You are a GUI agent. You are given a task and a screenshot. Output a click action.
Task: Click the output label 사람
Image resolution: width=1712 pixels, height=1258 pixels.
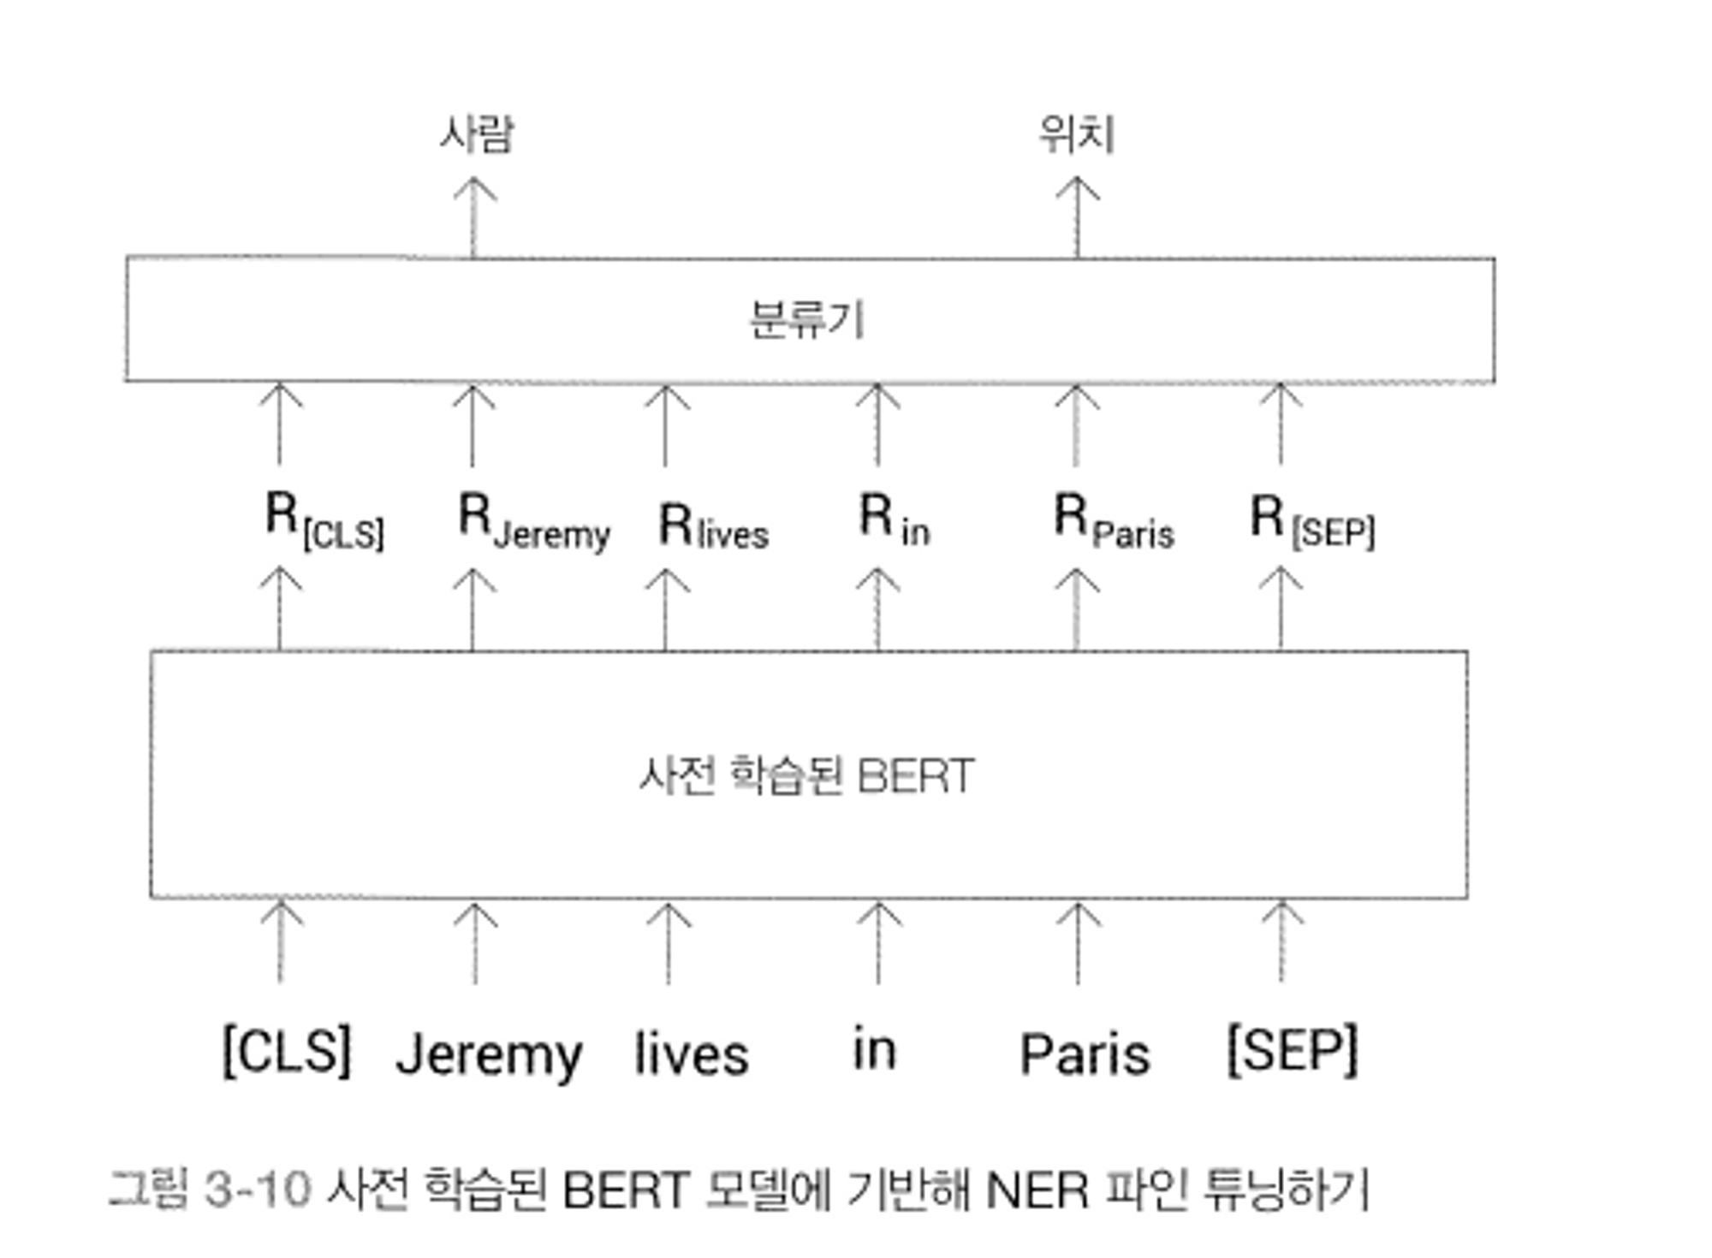point(476,134)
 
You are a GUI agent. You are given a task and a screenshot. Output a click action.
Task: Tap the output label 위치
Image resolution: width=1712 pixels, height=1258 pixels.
point(1077,134)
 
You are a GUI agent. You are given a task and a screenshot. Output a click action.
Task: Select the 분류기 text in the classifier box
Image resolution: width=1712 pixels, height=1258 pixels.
point(806,320)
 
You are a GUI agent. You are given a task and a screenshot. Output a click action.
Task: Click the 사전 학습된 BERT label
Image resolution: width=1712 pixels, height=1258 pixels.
point(806,776)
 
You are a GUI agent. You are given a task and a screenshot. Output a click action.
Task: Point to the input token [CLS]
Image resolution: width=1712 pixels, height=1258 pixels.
point(287,1051)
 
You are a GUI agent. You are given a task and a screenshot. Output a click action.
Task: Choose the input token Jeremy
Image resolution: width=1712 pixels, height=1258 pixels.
point(489,1054)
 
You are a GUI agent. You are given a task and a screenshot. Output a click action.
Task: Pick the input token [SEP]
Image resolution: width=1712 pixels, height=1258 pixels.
point(1293,1051)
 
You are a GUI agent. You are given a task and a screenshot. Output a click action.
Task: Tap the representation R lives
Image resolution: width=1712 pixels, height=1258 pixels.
point(713,524)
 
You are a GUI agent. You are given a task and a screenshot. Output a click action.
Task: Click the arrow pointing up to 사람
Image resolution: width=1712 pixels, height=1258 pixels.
point(473,217)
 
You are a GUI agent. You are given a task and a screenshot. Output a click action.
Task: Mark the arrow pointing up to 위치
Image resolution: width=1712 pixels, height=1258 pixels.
point(1077,217)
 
